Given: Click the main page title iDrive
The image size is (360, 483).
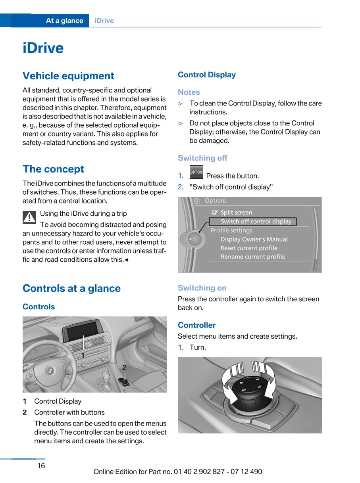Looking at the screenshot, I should tap(43, 48).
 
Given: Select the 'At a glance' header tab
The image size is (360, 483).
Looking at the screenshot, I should tap(64, 21).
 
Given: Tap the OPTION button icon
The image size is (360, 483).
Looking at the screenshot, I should tap(196, 172).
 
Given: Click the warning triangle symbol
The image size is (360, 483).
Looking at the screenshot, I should tap(29, 217).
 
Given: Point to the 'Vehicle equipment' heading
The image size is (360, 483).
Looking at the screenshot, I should tap(68, 76).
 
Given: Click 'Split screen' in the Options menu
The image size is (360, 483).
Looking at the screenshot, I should tap(236, 213).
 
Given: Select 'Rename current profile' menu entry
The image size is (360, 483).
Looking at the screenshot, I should tap(253, 257).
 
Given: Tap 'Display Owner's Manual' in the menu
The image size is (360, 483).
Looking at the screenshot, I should tap(254, 239).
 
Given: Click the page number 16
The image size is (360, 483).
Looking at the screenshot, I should tap(41, 466).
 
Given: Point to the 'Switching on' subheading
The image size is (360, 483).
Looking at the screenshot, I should tap(202, 288).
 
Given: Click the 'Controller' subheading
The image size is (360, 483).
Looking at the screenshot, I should tap(196, 325).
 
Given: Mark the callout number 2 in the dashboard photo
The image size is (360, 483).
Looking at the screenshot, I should tap(124, 368).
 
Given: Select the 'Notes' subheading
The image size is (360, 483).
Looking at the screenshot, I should tap(189, 92).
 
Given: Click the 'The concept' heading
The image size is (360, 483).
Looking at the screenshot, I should tap(53, 169).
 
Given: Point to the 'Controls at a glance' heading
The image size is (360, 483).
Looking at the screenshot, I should tap(71, 288).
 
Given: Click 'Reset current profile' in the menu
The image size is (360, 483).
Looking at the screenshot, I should tap(249, 248).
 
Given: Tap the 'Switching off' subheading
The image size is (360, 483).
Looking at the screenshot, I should tap(202, 158).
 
